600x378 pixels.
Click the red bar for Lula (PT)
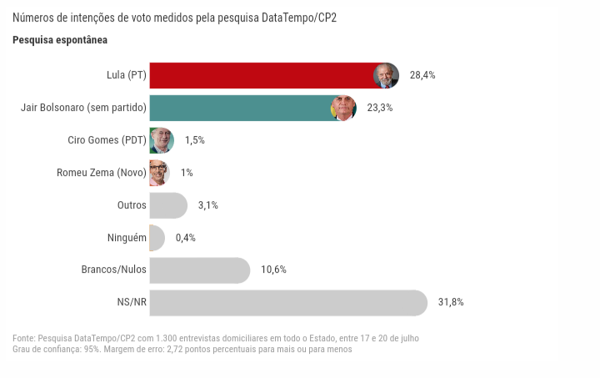click(x=258, y=75)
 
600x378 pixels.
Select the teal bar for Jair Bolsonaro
click(x=237, y=108)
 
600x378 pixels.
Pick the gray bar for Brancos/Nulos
click(x=198, y=270)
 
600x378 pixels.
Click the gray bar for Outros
click(x=167, y=205)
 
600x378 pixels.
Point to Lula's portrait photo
click(x=386, y=75)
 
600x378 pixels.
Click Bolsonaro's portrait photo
click(x=343, y=108)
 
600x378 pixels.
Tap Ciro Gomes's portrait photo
click(x=161, y=140)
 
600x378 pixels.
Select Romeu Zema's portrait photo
click(x=158, y=173)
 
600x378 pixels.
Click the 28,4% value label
click(x=422, y=75)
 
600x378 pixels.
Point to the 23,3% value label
click(x=380, y=108)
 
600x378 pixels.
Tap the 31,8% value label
click(x=451, y=303)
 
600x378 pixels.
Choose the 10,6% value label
click(x=273, y=270)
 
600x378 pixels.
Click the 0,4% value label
click(x=186, y=238)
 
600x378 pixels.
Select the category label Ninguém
click(x=127, y=238)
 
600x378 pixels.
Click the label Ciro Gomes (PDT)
click(x=107, y=140)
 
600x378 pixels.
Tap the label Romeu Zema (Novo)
click(x=102, y=173)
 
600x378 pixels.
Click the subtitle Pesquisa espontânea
click(x=60, y=40)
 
